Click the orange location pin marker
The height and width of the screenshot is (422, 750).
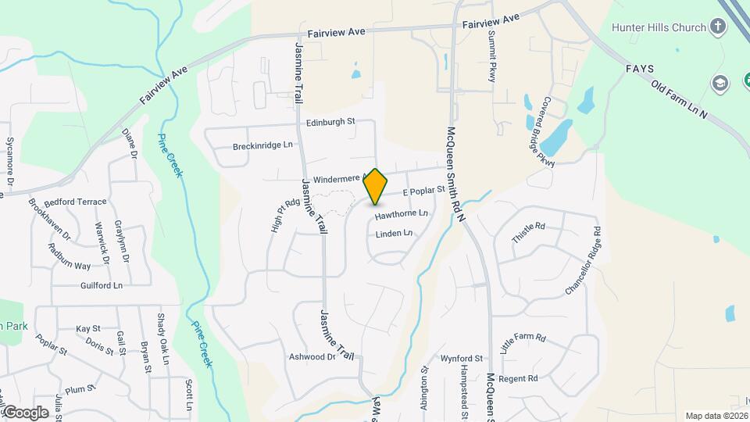376,186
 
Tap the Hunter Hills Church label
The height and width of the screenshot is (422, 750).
659,28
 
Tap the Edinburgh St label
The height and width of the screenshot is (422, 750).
330,122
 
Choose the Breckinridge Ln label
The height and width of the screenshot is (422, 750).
262,145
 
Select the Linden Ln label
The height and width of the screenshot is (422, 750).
394,234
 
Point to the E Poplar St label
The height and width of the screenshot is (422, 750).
423,191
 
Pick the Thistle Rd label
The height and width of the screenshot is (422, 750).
528,231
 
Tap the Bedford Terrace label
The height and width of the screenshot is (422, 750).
78,202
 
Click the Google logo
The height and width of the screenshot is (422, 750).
25,412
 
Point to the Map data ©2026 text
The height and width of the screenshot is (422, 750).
716,416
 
